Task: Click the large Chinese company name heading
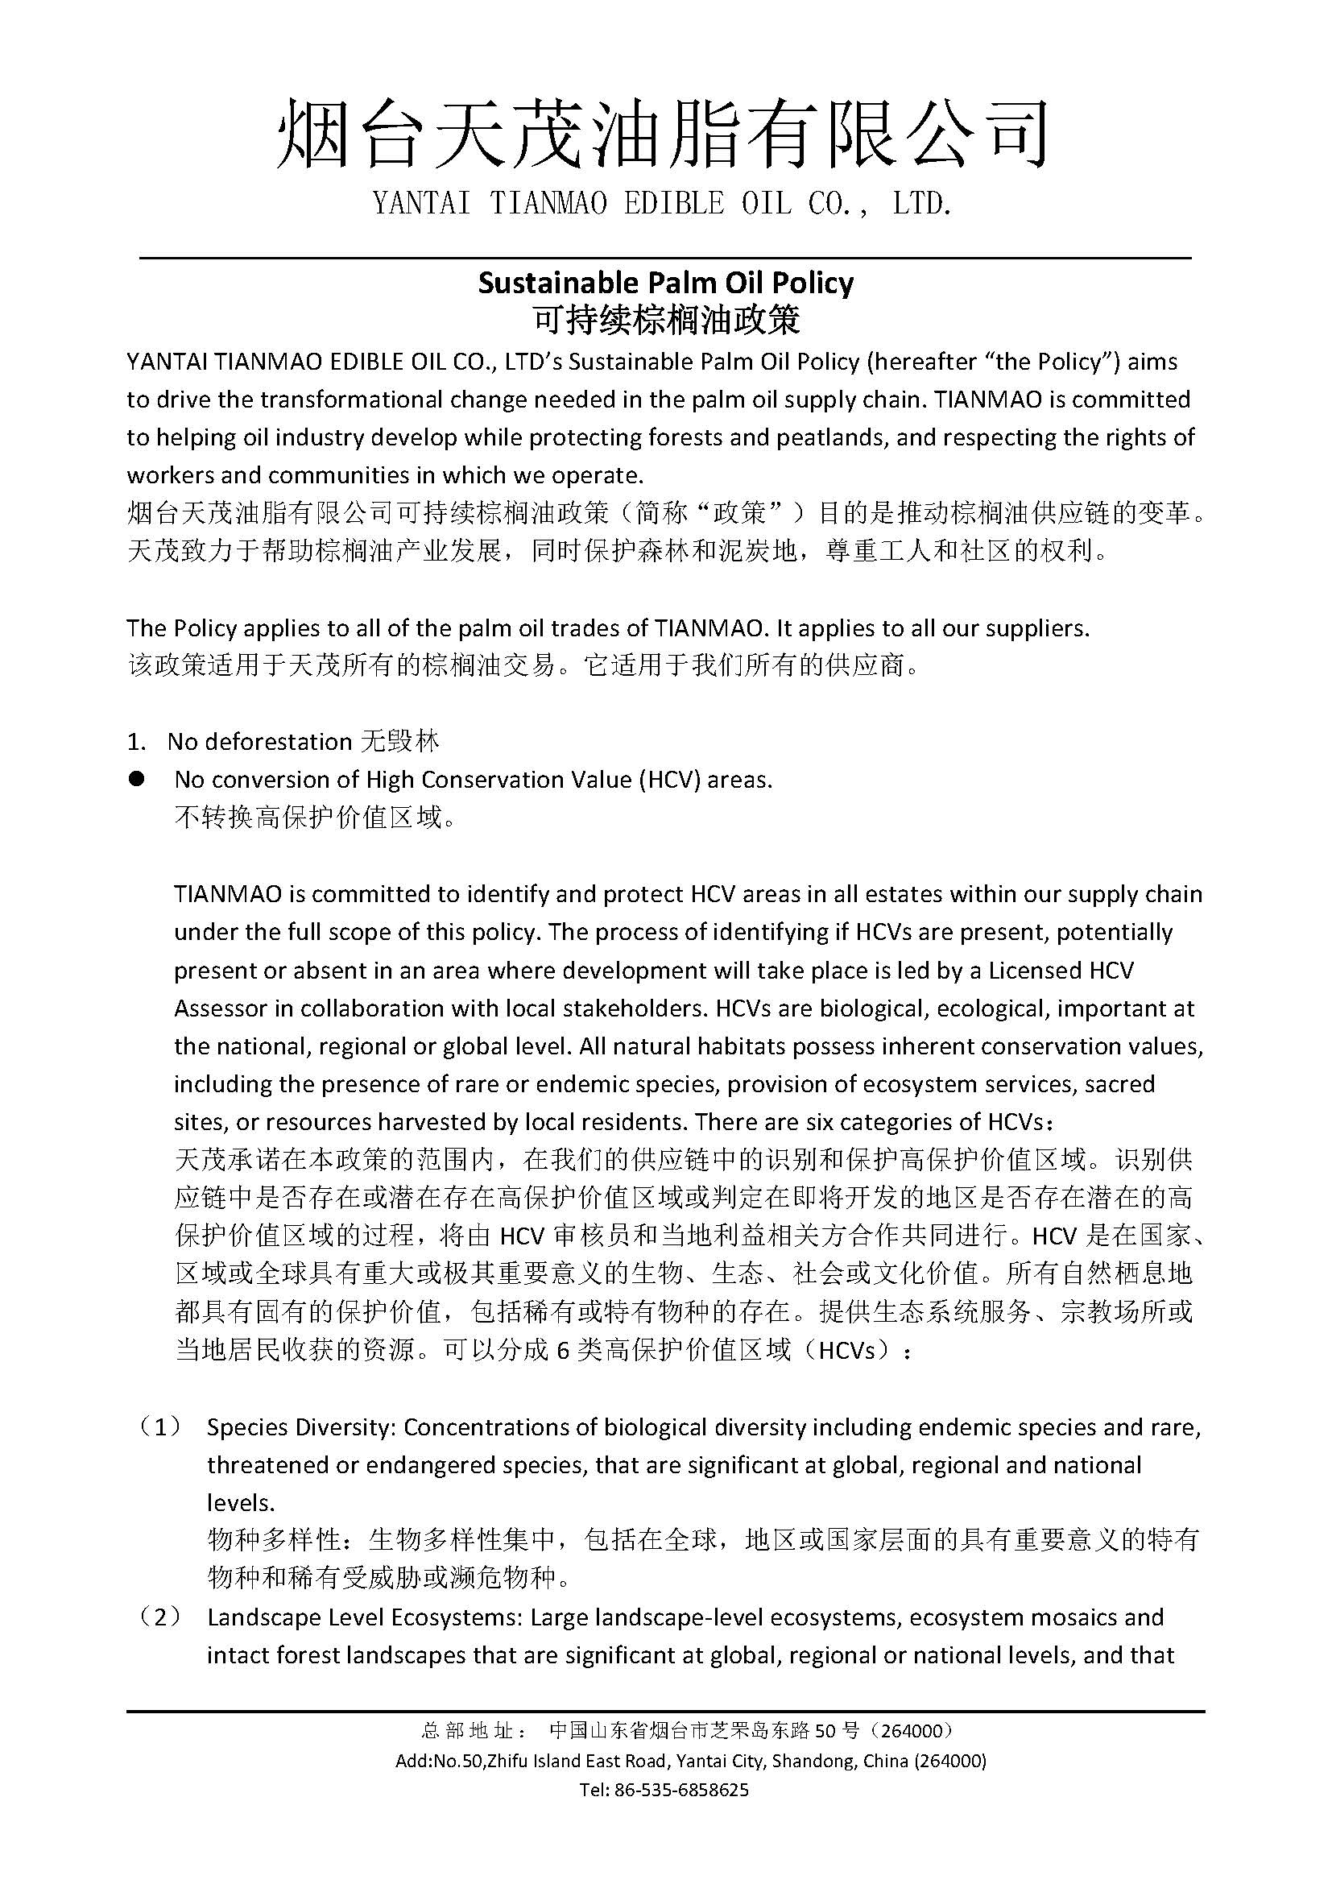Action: pyautogui.click(x=664, y=134)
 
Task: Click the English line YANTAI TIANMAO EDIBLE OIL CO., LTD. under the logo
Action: pyautogui.click(x=664, y=204)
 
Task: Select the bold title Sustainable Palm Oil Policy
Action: pyautogui.click(x=665, y=283)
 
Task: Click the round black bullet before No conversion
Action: pyautogui.click(x=136, y=779)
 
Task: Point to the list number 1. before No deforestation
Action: pyautogui.click(x=136, y=742)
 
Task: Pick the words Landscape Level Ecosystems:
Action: pyautogui.click(x=365, y=1618)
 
